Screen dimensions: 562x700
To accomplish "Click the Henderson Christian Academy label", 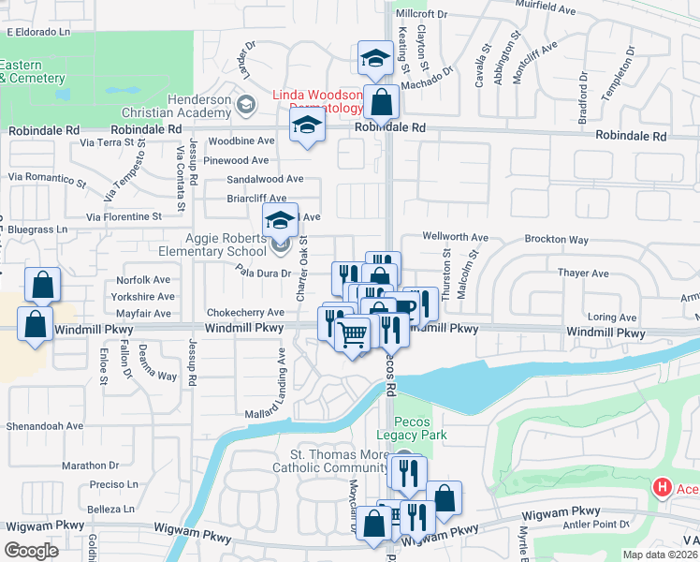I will (x=199, y=106).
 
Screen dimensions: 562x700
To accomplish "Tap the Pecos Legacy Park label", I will (x=412, y=428).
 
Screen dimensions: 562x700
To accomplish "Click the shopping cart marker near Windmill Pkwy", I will (x=352, y=333).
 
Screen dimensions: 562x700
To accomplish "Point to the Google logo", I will (x=31, y=551).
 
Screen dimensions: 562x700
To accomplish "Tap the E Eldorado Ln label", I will (x=39, y=32).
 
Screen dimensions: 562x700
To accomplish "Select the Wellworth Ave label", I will (x=456, y=238).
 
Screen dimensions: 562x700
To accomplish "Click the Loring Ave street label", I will (x=611, y=318).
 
